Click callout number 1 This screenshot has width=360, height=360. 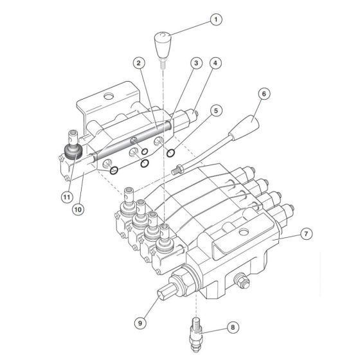[216, 20]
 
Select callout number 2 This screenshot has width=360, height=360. [138, 63]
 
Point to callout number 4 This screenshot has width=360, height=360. [216, 63]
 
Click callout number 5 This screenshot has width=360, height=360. [216, 111]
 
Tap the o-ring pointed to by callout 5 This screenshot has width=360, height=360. [171, 153]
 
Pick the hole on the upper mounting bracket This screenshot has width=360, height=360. [107, 97]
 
